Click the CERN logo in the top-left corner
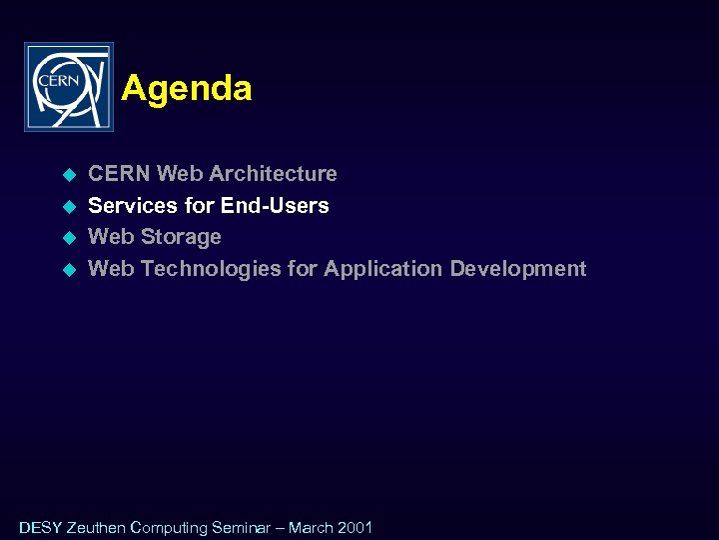click(68, 87)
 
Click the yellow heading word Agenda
click(186, 89)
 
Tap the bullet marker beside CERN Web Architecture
click(69, 175)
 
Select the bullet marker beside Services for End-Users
click(69, 207)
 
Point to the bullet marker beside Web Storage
click(69, 238)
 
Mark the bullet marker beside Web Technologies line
click(69, 270)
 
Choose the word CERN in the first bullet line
click(120, 174)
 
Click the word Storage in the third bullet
click(182, 237)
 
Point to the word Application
click(383, 269)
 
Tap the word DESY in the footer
click(40, 528)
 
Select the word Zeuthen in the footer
click(96, 528)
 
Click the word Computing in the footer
click(169, 528)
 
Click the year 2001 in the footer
click(356, 528)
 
